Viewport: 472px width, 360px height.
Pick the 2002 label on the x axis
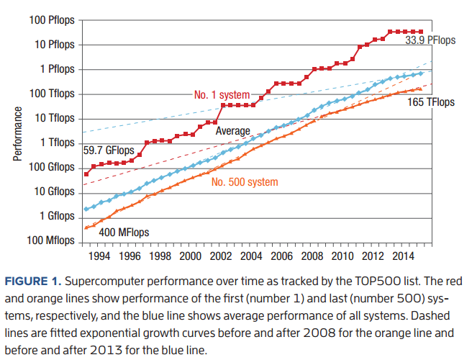click(220, 256)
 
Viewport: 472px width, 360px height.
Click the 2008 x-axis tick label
click(312, 256)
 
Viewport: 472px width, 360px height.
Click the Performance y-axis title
click(18, 135)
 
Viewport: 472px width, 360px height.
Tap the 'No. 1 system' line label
click(222, 95)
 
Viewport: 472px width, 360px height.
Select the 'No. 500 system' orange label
click(245, 182)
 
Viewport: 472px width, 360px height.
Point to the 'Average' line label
click(233, 131)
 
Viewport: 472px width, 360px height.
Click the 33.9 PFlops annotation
click(430, 41)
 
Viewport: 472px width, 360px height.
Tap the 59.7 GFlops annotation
click(109, 151)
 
